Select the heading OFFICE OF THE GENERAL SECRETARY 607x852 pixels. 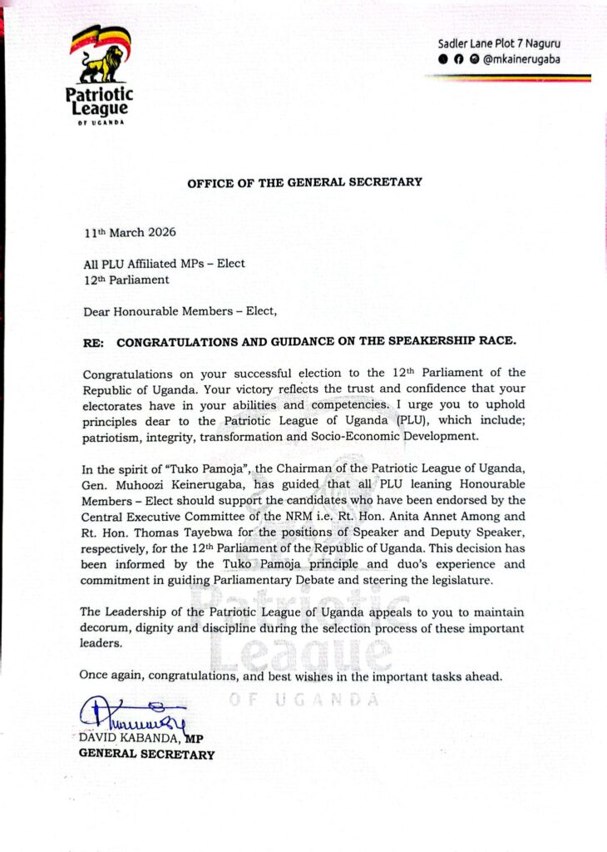(304, 182)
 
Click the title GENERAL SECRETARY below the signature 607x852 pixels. (146, 755)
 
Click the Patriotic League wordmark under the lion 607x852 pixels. (98, 102)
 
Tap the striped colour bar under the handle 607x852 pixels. (507, 78)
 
